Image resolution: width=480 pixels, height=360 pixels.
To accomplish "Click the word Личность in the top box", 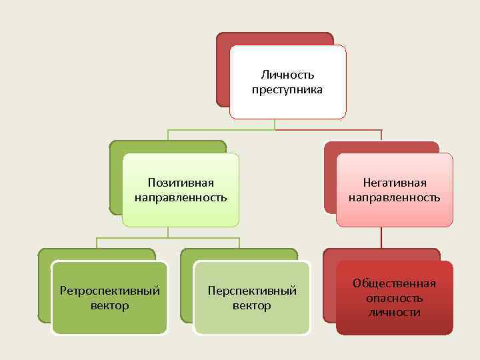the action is [287, 75].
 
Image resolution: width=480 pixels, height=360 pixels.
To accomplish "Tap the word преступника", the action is [287, 89].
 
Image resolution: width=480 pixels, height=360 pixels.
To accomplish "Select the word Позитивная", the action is [181, 183].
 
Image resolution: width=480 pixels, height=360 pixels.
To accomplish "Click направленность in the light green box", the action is [181, 197].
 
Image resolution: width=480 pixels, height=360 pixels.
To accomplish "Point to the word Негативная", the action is [394, 183].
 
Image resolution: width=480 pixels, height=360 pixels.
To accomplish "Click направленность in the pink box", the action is [394, 197].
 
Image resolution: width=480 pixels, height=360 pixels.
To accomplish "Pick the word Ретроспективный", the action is [110, 291].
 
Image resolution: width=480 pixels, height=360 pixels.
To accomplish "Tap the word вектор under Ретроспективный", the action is [110, 306].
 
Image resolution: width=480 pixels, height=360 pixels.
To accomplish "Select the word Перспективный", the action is [252, 291].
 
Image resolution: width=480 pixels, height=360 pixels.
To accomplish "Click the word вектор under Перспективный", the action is [252, 306].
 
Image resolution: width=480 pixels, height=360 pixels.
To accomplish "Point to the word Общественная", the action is [394, 283].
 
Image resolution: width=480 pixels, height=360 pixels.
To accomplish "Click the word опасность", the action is [394, 298].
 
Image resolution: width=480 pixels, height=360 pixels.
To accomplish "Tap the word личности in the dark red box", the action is [394, 312].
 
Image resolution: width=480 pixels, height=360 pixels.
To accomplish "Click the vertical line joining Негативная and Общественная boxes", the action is [381, 238].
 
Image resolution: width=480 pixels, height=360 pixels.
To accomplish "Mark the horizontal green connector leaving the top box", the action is [220, 129].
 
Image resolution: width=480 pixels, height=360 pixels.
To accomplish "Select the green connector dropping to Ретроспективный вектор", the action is [97, 243].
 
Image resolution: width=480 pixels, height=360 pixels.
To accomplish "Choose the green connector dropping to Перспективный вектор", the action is [239, 243].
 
